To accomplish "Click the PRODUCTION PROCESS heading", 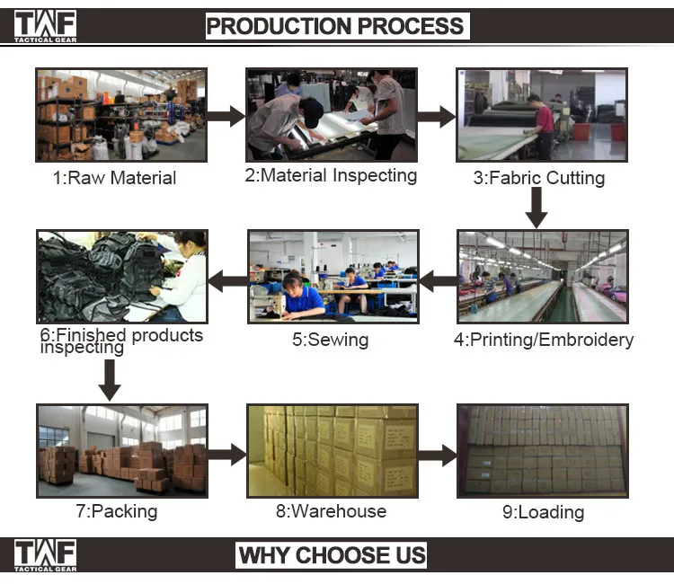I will point(335,25).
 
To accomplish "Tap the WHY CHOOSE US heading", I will point(332,554).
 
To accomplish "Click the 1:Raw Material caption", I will point(114,178).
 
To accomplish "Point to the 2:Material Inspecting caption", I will point(331,175).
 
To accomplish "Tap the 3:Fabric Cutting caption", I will point(539,178).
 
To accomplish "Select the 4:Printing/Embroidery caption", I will point(543,340).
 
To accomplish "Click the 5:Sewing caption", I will point(330,340).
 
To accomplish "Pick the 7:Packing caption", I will point(116,511).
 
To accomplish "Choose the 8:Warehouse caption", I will point(331,511).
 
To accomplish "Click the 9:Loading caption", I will point(543,512).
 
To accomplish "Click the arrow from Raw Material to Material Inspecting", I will point(226,116).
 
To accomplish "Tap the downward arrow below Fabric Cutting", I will point(537,208).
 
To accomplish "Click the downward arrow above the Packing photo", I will point(110,379).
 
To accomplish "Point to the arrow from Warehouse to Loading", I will point(438,454).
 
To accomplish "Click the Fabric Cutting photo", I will point(542,114).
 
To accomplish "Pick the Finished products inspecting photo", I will point(121,276).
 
